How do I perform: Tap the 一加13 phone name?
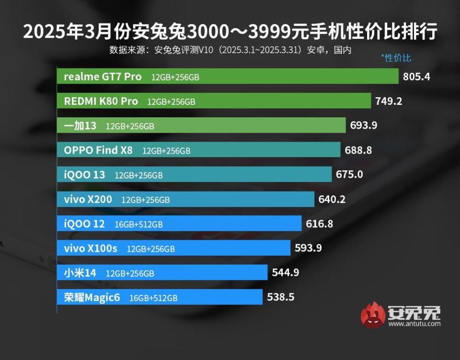click(x=80, y=126)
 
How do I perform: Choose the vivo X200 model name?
click(x=88, y=199)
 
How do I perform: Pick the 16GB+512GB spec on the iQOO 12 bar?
click(x=138, y=224)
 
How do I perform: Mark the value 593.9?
click(x=308, y=248)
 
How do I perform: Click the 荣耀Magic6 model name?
click(x=92, y=297)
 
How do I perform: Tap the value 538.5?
click(x=281, y=297)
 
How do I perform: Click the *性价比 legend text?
click(x=396, y=58)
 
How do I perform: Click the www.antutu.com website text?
click(x=414, y=324)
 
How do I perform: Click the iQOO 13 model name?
click(x=84, y=175)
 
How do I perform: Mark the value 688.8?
click(x=358, y=150)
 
